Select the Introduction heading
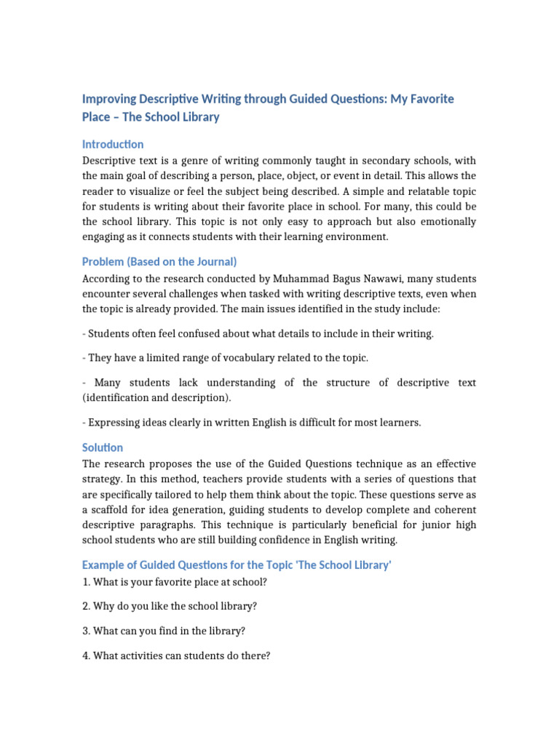click(113, 144)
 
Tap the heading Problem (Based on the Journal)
click(159, 261)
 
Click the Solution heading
click(103, 447)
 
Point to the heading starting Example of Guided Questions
click(237, 565)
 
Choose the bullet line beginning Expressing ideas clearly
click(251, 423)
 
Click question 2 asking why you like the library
click(170, 606)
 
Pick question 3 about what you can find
click(159, 631)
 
